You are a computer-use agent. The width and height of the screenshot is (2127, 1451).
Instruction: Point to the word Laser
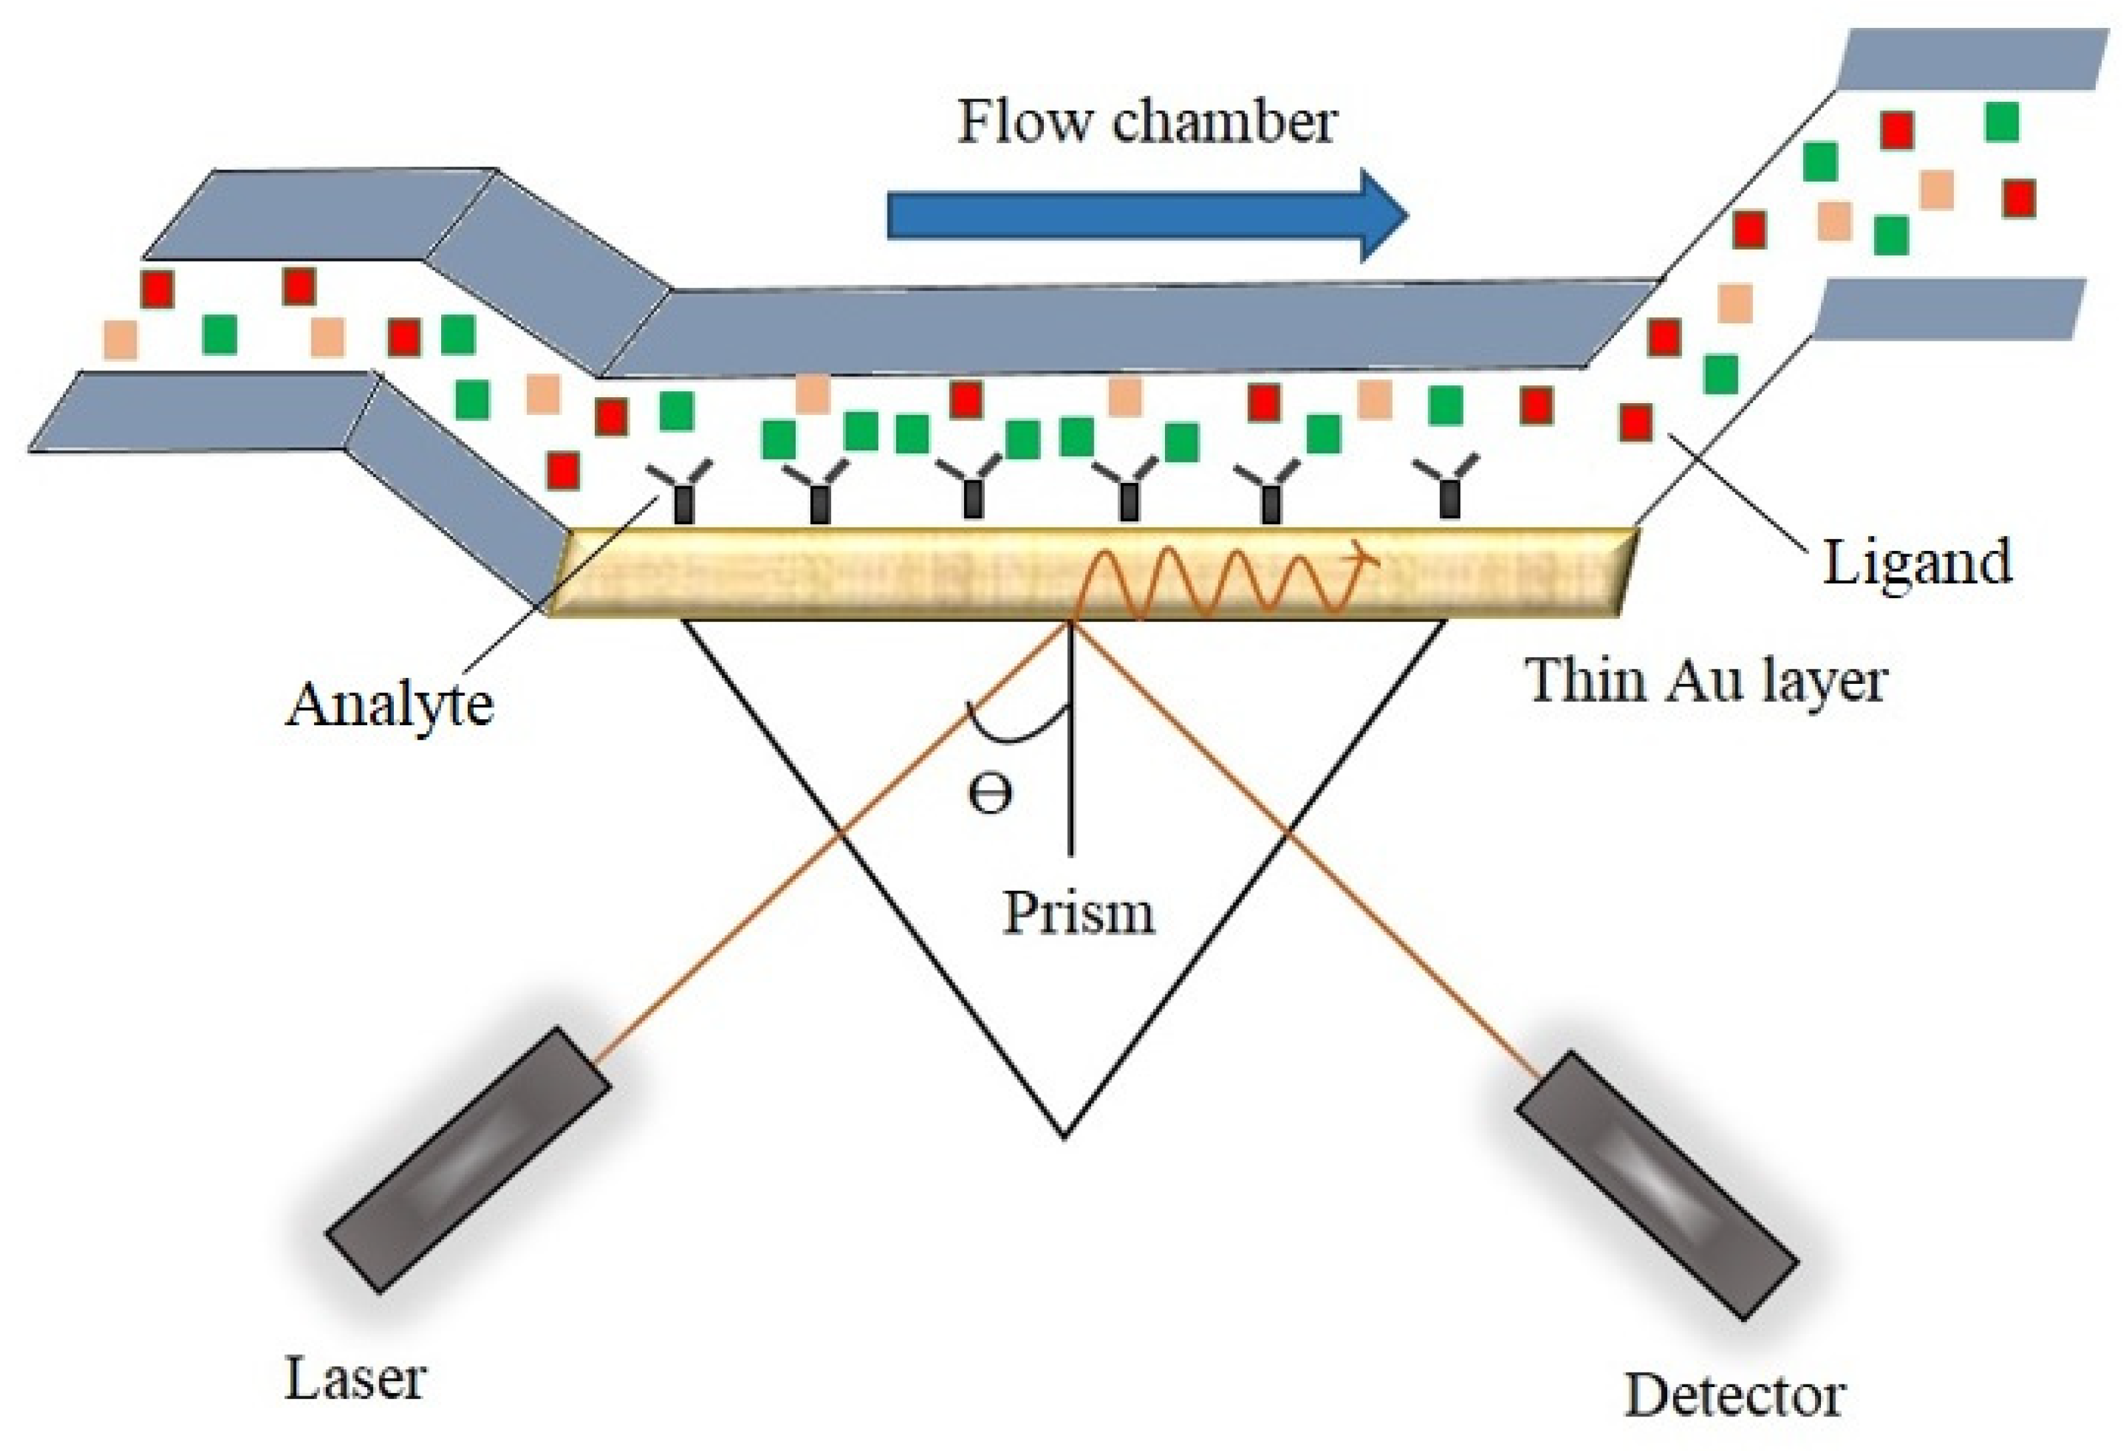355,1378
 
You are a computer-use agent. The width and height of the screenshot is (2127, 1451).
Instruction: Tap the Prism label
1078,913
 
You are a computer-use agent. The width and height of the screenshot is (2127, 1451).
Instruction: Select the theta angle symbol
989,793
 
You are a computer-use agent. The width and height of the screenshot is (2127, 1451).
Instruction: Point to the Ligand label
1917,562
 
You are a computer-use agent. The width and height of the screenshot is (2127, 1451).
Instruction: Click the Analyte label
390,704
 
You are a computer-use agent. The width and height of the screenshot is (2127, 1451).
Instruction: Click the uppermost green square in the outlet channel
2002,122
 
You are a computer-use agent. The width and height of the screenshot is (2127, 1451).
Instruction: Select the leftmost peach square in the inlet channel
120,340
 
